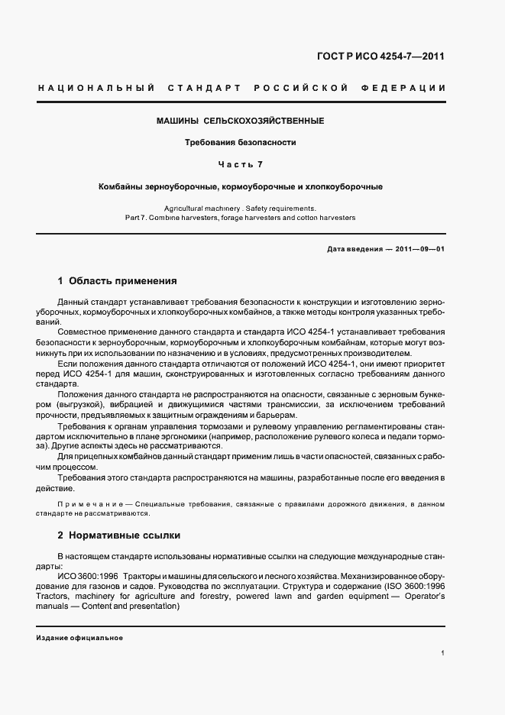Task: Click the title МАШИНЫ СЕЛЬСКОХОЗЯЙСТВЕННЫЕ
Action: tap(241, 121)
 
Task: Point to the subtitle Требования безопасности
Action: tap(241, 142)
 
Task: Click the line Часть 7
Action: tap(241, 163)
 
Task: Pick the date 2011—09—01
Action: tap(419, 250)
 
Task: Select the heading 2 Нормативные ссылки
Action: tap(119, 535)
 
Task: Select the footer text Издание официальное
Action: tap(79, 637)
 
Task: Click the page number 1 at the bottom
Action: tap(443, 653)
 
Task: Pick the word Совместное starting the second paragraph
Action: tap(83, 333)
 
